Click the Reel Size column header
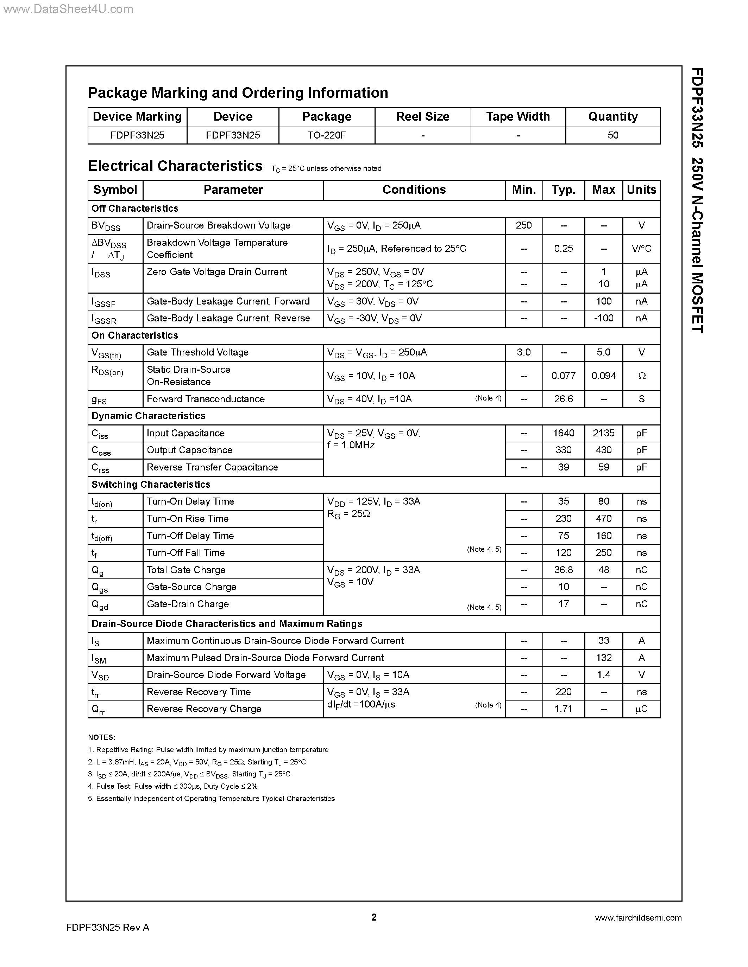coord(422,116)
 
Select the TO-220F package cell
coord(327,135)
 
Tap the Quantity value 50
coord(613,135)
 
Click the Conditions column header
coord(414,190)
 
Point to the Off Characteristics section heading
coord(135,209)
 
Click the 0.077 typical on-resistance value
coord(563,376)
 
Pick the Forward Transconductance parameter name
coord(206,399)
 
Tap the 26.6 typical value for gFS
coord(563,399)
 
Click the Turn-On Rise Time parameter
coord(188,518)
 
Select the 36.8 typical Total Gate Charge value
coord(563,570)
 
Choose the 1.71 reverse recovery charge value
coord(563,709)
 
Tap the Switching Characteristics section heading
coord(151,485)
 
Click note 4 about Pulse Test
coord(173,786)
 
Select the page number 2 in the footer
coord(373,917)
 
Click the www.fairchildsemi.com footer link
coord(638,918)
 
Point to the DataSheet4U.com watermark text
coord(67,9)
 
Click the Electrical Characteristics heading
coord(175,166)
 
